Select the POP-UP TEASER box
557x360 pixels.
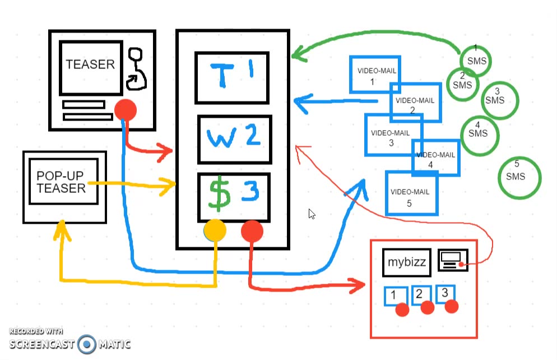61,182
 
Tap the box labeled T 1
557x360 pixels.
231,77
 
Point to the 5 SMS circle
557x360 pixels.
519,178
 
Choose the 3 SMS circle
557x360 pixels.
500,99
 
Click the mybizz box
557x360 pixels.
407,262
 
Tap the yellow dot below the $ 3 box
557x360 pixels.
215,230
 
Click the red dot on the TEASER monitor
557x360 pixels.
125,110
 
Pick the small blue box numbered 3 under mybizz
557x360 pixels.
445,293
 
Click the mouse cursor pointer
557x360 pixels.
311,214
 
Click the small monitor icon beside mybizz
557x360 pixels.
452,260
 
